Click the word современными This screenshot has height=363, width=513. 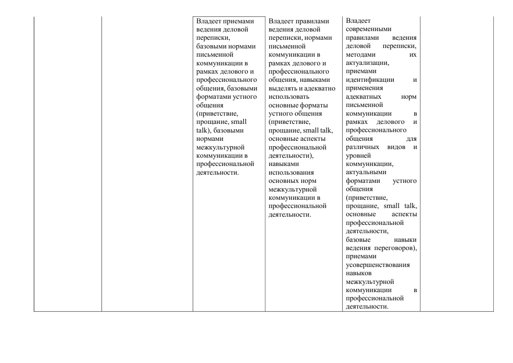tap(365, 29)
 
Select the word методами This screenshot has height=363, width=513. tap(359, 54)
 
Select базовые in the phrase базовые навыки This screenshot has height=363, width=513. tap(358, 240)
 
